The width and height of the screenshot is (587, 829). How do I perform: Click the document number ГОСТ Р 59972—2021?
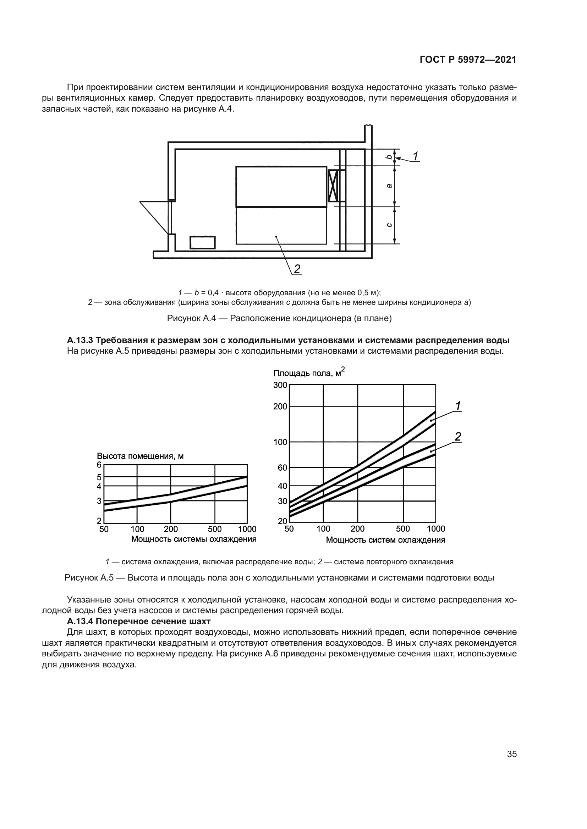(468, 60)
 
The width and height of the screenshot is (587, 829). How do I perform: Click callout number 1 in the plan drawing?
(415, 156)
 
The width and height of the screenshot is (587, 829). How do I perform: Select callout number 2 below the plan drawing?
(297, 269)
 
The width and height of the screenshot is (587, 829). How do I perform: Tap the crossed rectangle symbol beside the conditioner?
(333, 186)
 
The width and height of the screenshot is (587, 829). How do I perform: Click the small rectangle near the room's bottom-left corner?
(202, 242)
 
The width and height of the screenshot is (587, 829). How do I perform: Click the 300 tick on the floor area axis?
(280, 385)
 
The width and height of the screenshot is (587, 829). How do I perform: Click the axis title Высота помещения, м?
(140, 456)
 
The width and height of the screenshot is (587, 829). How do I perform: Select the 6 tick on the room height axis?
(99, 465)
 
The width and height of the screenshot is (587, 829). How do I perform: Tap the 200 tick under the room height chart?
(171, 529)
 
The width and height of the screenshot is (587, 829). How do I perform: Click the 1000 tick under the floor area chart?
(436, 529)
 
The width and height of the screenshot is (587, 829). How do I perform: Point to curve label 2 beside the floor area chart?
(458, 437)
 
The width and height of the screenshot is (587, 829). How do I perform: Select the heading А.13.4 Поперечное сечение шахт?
(138, 621)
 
